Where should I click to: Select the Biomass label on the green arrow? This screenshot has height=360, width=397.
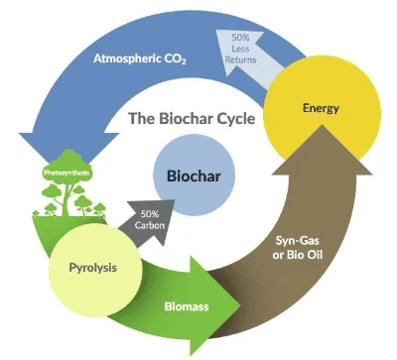188,306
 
